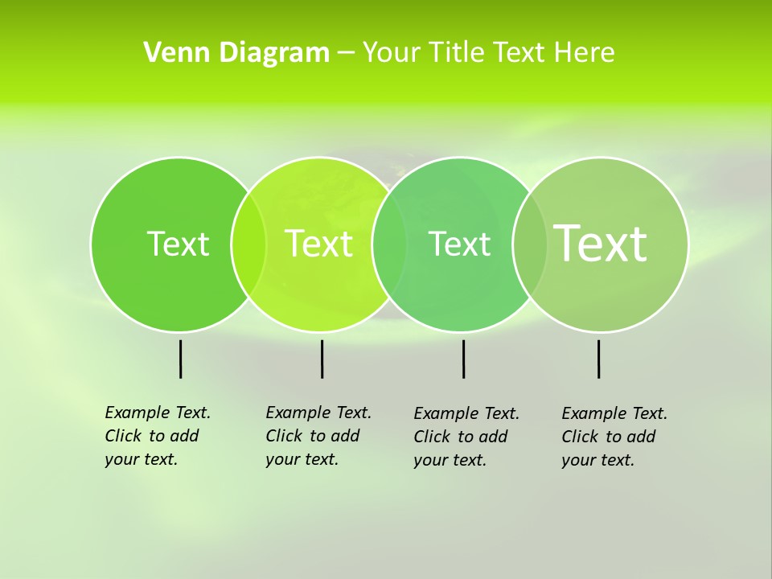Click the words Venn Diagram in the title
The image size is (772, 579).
(236, 53)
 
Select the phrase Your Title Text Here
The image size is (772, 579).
(488, 53)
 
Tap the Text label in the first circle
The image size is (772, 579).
(178, 244)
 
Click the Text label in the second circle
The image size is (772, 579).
(319, 244)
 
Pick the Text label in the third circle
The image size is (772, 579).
(459, 244)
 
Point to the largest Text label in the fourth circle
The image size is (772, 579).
(601, 243)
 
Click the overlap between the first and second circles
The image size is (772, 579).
(248, 244)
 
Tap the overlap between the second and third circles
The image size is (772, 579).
(389, 244)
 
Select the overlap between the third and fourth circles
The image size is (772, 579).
(530, 244)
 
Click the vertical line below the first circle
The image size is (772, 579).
(181, 359)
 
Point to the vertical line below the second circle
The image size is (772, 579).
(322, 359)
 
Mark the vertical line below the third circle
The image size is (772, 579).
(463, 359)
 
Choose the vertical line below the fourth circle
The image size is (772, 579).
(599, 359)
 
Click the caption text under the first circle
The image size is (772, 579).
(158, 436)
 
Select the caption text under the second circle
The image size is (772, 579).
(318, 436)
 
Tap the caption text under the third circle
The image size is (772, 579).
(466, 437)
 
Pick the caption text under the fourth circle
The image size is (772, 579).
(614, 437)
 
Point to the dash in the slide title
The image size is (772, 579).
(346, 54)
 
